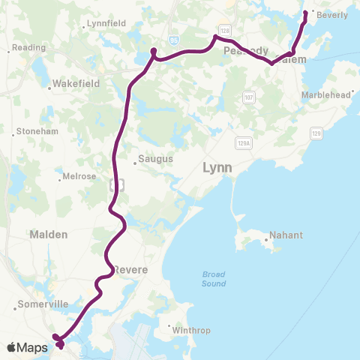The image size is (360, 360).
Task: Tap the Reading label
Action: click(30, 47)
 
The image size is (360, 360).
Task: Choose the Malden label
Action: click(49, 234)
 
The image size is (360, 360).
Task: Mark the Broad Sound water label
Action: click(214, 279)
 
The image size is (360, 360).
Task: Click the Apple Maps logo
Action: click(28, 347)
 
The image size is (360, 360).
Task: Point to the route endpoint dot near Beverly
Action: click(305, 13)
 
